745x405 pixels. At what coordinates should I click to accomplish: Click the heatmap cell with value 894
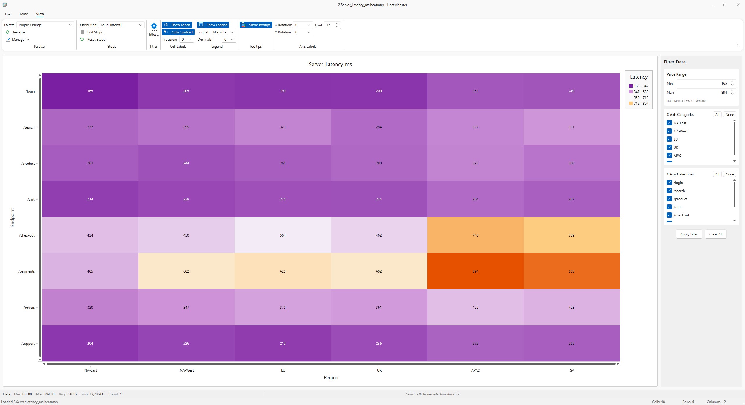click(x=475, y=271)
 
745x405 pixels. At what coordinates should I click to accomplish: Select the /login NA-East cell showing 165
click(x=90, y=91)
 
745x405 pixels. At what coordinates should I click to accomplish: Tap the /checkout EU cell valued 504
click(x=283, y=235)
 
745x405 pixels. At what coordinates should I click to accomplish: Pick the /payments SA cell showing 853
click(x=571, y=271)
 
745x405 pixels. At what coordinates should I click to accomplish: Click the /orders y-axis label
click(x=29, y=308)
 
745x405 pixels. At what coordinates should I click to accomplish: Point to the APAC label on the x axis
click(x=475, y=370)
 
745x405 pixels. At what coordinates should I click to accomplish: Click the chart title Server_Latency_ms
click(x=330, y=64)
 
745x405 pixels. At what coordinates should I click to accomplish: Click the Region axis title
click(x=331, y=378)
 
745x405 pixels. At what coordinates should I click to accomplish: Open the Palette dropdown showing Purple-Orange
click(x=45, y=25)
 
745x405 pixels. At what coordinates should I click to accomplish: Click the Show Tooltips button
click(x=256, y=25)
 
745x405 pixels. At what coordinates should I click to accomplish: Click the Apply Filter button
click(x=689, y=234)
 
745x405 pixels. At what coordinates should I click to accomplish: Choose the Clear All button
click(x=716, y=234)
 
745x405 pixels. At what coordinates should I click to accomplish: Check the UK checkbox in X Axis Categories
click(x=669, y=147)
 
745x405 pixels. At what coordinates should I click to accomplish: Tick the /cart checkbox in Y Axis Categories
click(x=669, y=207)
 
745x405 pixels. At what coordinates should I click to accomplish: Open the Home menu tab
click(x=23, y=14)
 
